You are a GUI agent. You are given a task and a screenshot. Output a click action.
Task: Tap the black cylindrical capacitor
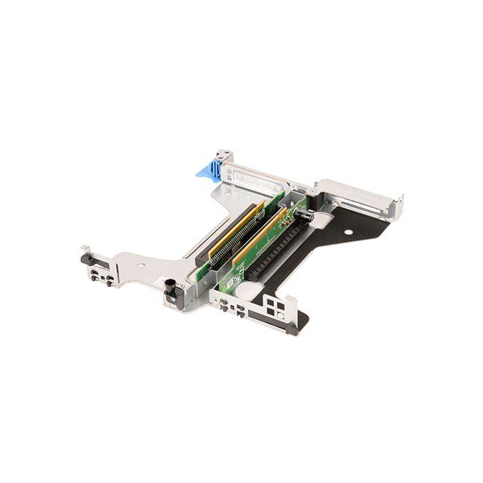tap(304, 215)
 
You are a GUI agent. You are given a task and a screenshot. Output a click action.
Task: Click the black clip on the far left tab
tap(87, 258)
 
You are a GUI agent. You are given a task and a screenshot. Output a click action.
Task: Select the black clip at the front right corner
tap(293, 330)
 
